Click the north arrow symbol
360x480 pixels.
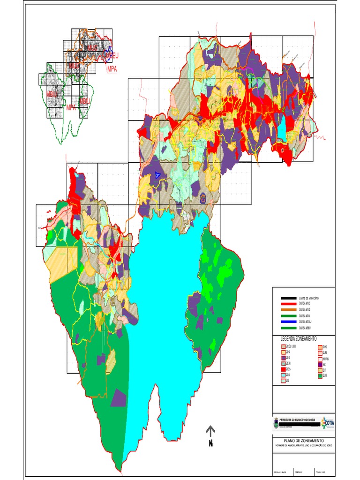(210, 432)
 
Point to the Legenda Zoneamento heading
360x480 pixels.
(299, 338)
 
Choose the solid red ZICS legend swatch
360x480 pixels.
(283, 369)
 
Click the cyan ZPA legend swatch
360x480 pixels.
(283, 375)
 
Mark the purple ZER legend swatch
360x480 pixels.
(283, 358)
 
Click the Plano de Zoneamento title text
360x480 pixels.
(304, 441)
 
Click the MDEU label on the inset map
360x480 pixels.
(112, 56)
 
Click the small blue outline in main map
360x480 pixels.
(158, 175)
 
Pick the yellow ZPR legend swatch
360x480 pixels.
(283, 352)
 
